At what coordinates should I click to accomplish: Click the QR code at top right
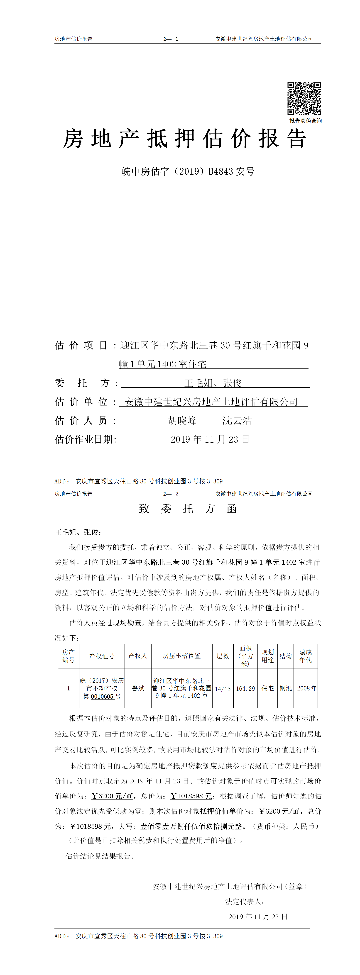[x=304, y=98]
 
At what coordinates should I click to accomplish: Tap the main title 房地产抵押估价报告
[x=184, y=139]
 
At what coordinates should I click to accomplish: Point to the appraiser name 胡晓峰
[x=182, y=421]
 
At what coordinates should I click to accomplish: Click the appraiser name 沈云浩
[x=237, y=421]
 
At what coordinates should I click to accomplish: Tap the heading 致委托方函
[x=188, y=509]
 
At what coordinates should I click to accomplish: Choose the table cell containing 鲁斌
[x=138, y=688]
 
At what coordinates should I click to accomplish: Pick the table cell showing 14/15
[x=223, y=689]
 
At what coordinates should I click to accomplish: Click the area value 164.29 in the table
[x=245, y=688]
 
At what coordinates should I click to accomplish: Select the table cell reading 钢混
[x=285, y=688]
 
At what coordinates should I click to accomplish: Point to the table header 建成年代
[x=306, y=656]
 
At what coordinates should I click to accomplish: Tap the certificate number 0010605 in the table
[x=102, y=696]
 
